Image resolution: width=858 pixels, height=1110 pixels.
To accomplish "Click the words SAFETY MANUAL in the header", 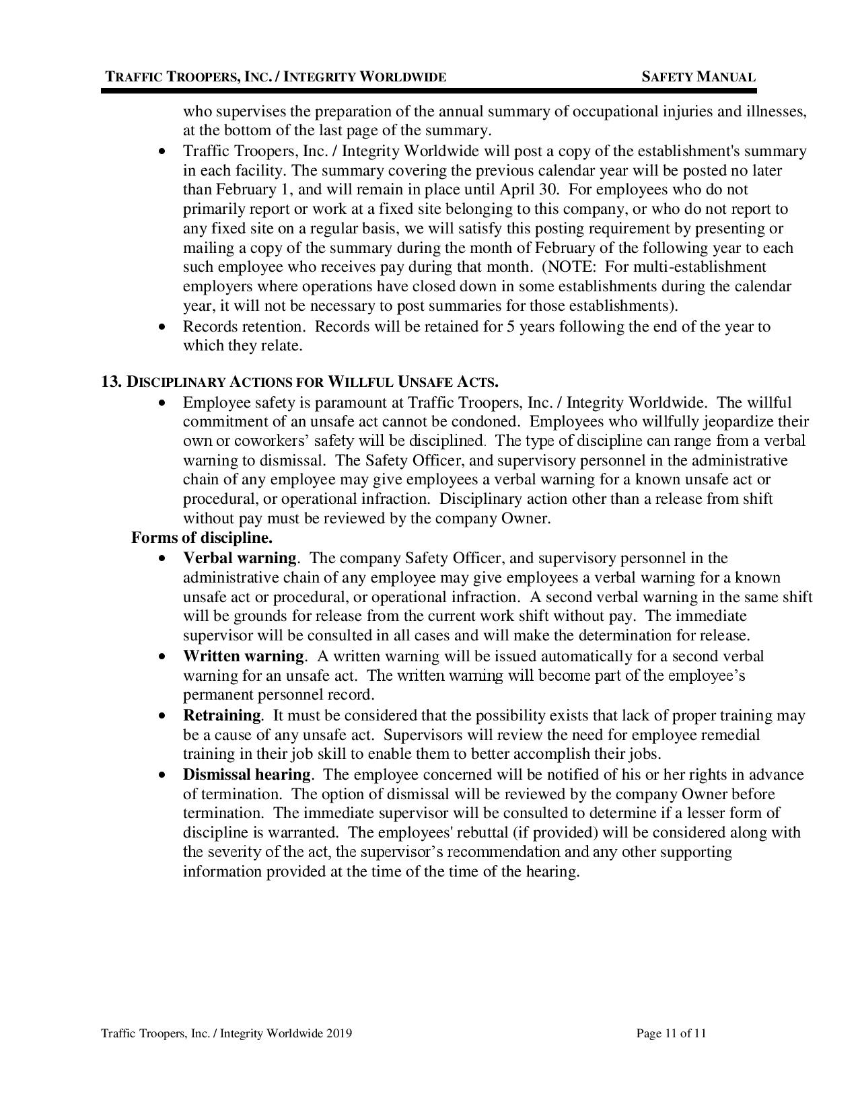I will tap(699, 77).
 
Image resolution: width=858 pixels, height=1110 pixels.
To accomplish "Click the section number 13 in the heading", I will tap(110, 382).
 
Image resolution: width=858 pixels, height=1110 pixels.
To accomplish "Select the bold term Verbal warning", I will tap(239, 558).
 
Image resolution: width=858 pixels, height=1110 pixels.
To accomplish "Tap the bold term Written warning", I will tap(244, 656).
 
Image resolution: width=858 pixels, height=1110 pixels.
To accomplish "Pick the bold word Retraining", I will tap(221, 715).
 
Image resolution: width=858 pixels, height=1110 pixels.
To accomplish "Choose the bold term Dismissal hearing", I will tap(246, 774).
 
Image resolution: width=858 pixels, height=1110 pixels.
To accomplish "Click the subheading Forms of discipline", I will tap(202, 538).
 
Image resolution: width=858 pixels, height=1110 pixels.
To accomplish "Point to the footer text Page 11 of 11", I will tap(671, 1033).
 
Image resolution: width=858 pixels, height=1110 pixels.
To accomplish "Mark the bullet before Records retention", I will tap(161, 327).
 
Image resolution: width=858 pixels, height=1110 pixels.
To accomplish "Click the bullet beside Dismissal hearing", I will tap(161, 775).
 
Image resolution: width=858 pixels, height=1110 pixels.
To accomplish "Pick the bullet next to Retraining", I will tap(161, 716).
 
